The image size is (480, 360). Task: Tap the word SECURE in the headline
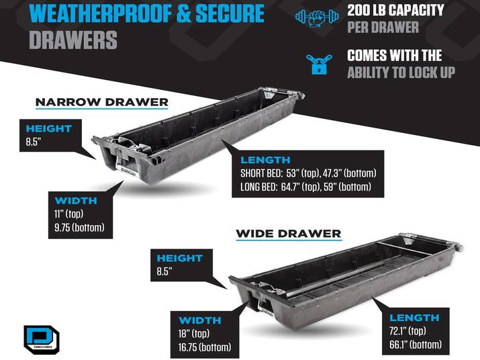pyautogui.click(x=230, y=14)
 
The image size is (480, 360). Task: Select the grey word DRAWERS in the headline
pyautogui.click(x=73, y=40)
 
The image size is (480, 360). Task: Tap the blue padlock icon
pyautogui.click(x=319, y=64)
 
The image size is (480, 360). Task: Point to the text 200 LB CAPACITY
pyautogui.click(x=395, y=11)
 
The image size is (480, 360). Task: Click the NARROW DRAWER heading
pyautogui.click(x=102, y=102)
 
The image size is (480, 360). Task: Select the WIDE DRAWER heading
pyautogui.click(x=289, y=234)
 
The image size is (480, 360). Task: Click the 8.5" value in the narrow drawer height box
pyautogui.click(x=34, y=142)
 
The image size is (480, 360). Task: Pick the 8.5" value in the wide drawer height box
pyautogui.click(x=164, y=271)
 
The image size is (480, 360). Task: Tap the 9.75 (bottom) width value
pyautogui.click(x=79, y=228)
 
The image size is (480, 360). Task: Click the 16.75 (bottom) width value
pyautogui.click(x=205, y=347)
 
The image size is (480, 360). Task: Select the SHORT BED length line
pyautogui.click(x=308, y=173)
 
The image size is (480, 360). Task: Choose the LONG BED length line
pyautogui.click(x=305, y=187)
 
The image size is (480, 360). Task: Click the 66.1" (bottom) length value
pyautogui.click(x=416, y=345)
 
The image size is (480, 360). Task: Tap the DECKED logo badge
pyautogui.click(x=42, y=340)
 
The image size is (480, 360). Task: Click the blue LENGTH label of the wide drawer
pyautogui.click(x=414, y=318)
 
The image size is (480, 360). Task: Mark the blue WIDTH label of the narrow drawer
pyautogui.click(x=76, y=201)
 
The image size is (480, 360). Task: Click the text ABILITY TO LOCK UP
pyautogui.click(x=401, y=73)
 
